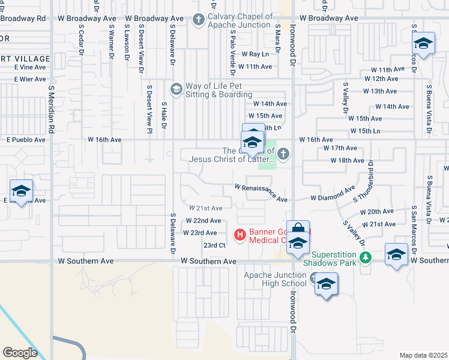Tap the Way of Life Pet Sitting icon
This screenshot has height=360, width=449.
point(176,90)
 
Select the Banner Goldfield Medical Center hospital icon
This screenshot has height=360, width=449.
point(240,234)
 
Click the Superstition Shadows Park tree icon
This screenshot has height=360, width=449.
point(365,258)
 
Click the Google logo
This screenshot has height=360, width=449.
point(20,352)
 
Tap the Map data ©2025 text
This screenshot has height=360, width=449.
point(423,355)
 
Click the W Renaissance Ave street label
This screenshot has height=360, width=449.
point(261,192)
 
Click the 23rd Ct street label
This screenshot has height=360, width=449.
point(214,245)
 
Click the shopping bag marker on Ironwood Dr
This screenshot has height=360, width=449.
point(298,229)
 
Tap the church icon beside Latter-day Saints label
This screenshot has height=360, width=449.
point(283,155)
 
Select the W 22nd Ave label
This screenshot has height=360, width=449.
point(203,221)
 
